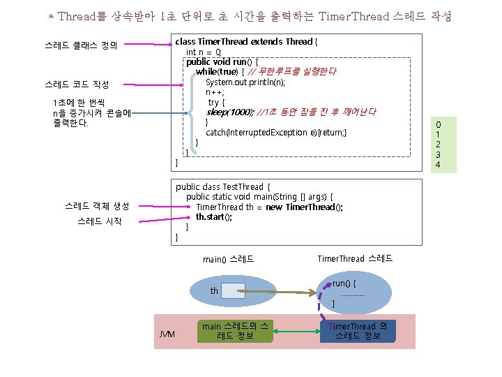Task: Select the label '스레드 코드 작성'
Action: [x=76, y=84]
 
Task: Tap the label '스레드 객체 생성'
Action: [x=96, y=206]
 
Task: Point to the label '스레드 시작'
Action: [x=99, y=222]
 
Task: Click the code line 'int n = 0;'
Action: [x=204, y=52]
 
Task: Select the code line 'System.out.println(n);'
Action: [x=245, y=82]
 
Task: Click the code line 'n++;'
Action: [x=215, y=92]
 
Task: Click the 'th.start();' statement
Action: [x=214, y=216]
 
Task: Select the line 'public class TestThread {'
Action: [x=220, y=186]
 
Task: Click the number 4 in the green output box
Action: [x=438, y=165]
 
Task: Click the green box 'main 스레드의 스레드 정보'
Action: [x=234, y=332]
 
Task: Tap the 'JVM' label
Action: [x=167, y=334]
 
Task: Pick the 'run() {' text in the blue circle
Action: [x=344, y=283]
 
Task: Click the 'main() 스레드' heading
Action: [x=229, y=260]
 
